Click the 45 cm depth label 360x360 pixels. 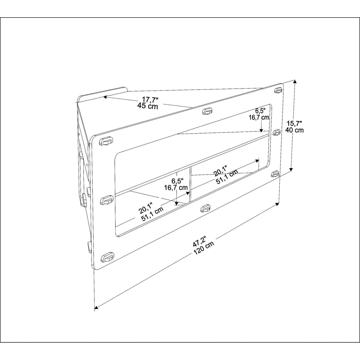click(147, 106)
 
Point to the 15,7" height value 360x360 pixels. click(294, 123)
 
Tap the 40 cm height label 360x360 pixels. click(294, 130)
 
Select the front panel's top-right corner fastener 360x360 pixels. click(278, 90)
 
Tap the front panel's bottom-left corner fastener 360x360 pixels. click(107, 258)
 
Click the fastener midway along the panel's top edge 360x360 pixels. click(207, 112)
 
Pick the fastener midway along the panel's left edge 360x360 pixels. click(107, 201)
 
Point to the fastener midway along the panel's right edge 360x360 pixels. click(276, 132)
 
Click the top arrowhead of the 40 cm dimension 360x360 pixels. click(295, 82)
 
